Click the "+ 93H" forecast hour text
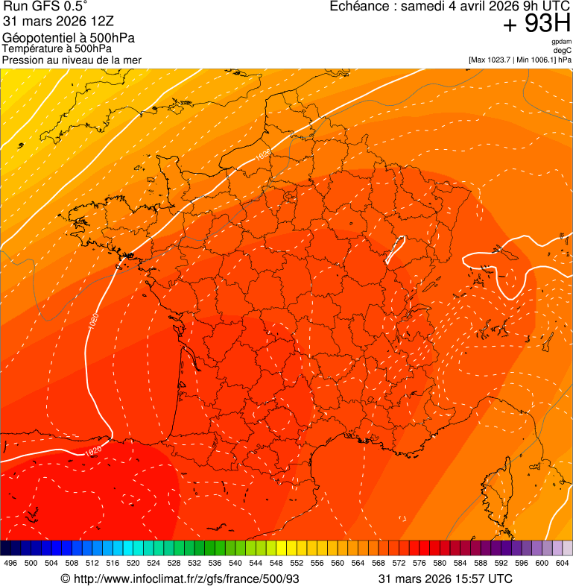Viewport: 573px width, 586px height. (536, 25)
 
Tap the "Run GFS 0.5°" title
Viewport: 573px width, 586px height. (45, 7)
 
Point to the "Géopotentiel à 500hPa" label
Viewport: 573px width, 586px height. (69, 38)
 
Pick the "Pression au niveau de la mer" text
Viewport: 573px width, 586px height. (72, 60)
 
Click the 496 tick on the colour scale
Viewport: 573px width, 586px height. (10, 564)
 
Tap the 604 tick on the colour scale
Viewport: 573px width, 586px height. (563, 564)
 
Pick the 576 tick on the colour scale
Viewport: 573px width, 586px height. (420, 564)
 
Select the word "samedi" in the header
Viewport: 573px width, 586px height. (421, 7)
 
